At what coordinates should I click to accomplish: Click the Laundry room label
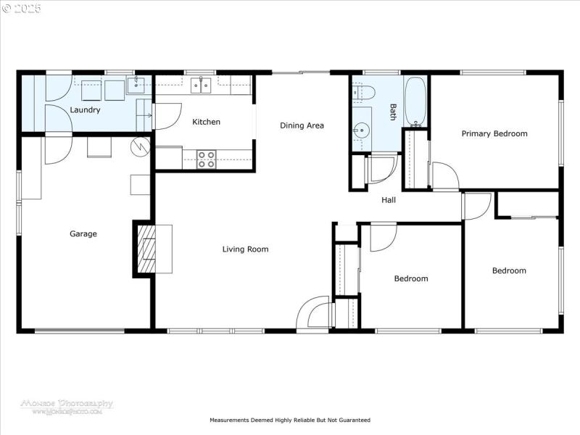(85, 110)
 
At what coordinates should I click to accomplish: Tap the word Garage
(83, 234)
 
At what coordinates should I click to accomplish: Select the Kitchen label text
(206, 122)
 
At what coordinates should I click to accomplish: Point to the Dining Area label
(302, 125)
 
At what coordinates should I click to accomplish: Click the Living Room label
(245, 249)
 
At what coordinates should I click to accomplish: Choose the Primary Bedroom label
(494, 133)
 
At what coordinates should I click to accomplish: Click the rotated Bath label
(393, 112)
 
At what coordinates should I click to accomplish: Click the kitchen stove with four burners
(206, 159)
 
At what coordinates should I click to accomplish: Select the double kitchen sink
(201, 86)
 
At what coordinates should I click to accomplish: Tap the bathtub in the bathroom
(415, 101)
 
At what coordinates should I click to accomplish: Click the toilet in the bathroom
(364, 91)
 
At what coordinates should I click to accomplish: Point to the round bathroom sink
(360, 132)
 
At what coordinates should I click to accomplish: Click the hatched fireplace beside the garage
(148, 249)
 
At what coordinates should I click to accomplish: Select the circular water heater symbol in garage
(139, 146)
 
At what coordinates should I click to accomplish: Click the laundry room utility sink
(136, 86)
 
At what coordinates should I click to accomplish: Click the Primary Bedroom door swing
(444, 175)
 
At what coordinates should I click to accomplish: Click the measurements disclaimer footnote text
(290, 420)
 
